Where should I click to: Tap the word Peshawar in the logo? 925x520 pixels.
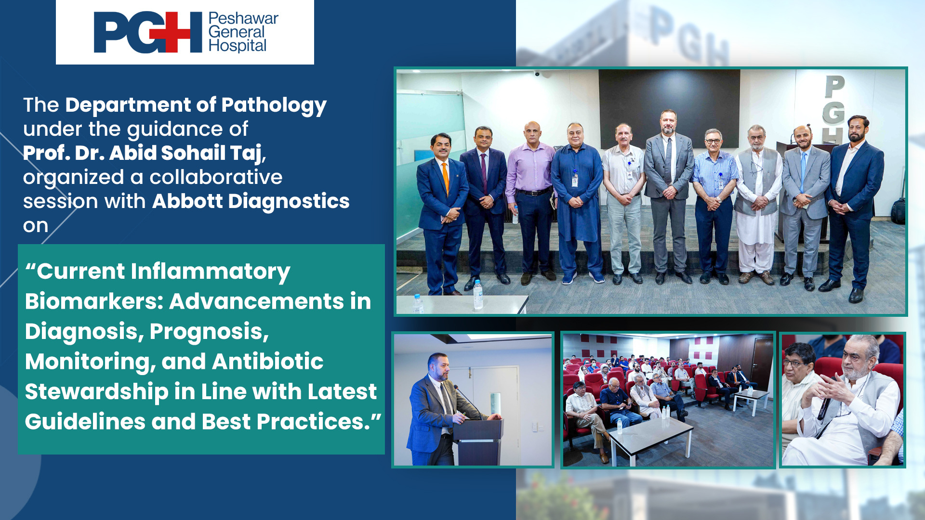coord(243,18)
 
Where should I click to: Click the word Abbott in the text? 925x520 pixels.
coord(187,201)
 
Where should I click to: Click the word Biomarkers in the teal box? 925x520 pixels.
coord(94,302)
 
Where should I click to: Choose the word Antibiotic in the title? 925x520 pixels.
coord(267,362)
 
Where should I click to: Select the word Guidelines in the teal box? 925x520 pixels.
coord(85,422)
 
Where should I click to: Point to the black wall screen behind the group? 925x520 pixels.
coord(669,108)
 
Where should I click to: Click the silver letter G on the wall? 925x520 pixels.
coord(833,113)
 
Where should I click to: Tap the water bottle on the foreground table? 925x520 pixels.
coord(478,295)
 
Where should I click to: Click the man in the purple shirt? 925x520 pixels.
coord(531,202)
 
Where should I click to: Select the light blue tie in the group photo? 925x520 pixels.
coord(803,171)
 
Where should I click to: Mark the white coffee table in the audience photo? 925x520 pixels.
coord(650,438)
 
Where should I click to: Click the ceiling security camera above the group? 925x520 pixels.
coord(537,74)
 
